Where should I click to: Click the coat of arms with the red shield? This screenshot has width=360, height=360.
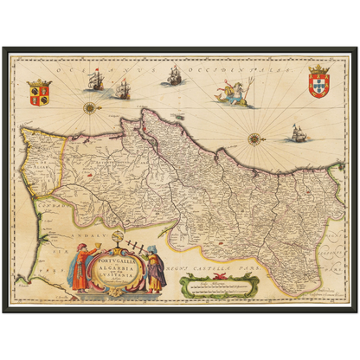(x=318, y=81)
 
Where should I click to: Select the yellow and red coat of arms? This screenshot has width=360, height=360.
(x=39, y=92)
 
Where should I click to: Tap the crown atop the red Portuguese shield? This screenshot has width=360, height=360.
(x=318, y=67)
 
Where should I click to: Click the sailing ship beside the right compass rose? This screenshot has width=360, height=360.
(x=297, y=133)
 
